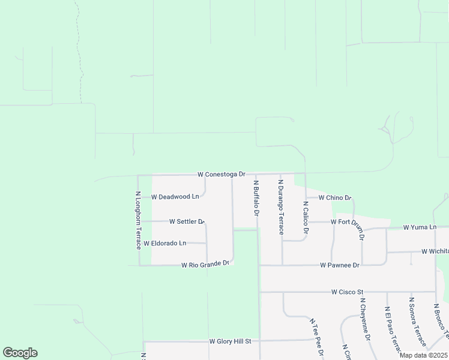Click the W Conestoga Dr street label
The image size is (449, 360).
click(221, 174)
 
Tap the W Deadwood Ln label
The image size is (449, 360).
click(175, 196)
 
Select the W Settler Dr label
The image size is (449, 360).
click(187, 221)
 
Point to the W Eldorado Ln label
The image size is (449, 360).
click(164, 243)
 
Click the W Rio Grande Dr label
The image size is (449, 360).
click(206, 264)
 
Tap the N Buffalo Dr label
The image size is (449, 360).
click(256, 198)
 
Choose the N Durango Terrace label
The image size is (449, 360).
click(280, 206)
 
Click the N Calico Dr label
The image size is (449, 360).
click(305, 217)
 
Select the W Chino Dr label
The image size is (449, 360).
click(334, 197)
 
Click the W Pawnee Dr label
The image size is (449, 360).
click(340, 265)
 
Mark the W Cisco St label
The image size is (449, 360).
click(348, 292)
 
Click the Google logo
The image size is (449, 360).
click(20, 353)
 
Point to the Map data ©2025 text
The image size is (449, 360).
click(423, 355)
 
